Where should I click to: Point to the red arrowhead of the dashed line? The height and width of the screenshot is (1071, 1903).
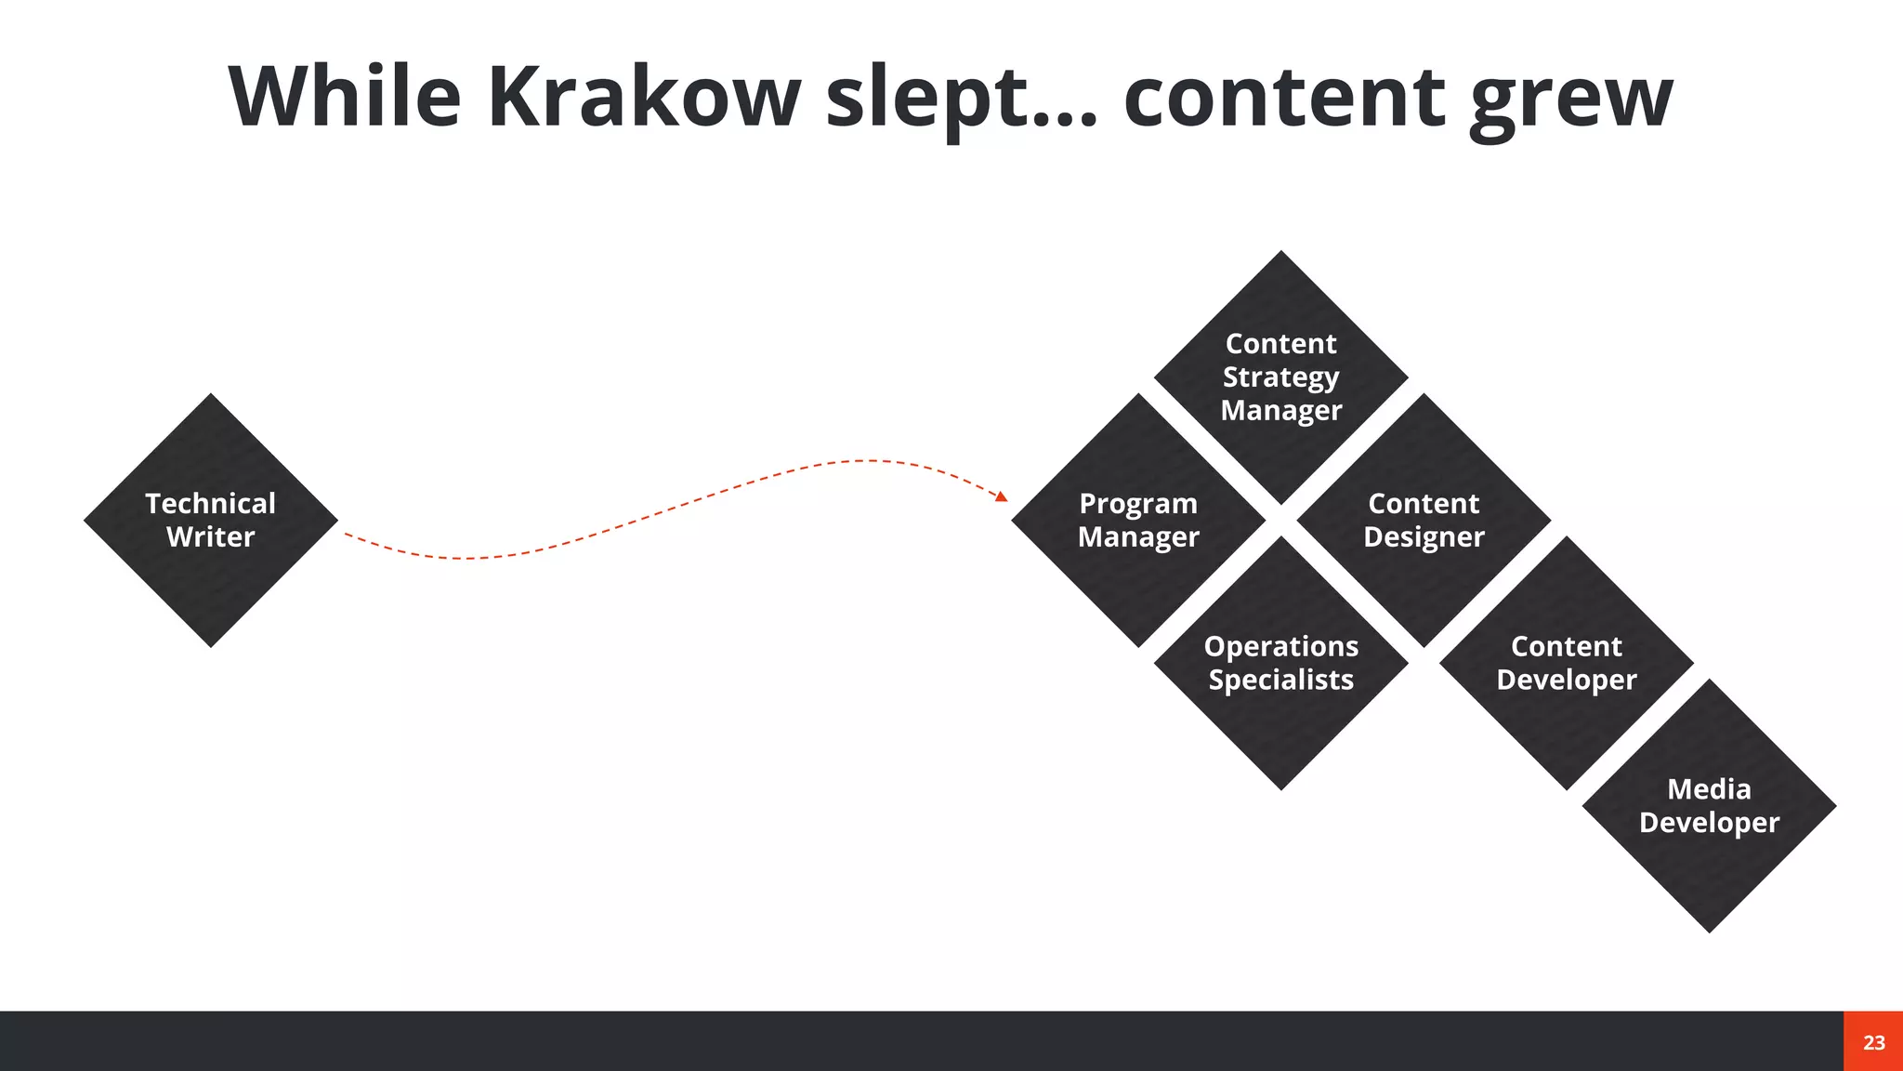tap(1002, 497)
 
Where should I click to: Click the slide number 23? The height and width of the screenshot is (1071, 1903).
tap(1873, 1042)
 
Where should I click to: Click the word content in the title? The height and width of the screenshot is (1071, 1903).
tap(1284, 98)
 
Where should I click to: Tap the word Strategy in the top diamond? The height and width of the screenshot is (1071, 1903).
tap(1281, 377)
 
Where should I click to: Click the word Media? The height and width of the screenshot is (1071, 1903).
tap(1709, 789)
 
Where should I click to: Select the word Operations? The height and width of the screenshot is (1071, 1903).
tap(1281, 646)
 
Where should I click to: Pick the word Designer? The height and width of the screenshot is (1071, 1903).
tap(1424, 537)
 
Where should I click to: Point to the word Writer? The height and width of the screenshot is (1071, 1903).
tap(211, 537)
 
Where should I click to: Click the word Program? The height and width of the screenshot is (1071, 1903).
tap(1138, 504)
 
